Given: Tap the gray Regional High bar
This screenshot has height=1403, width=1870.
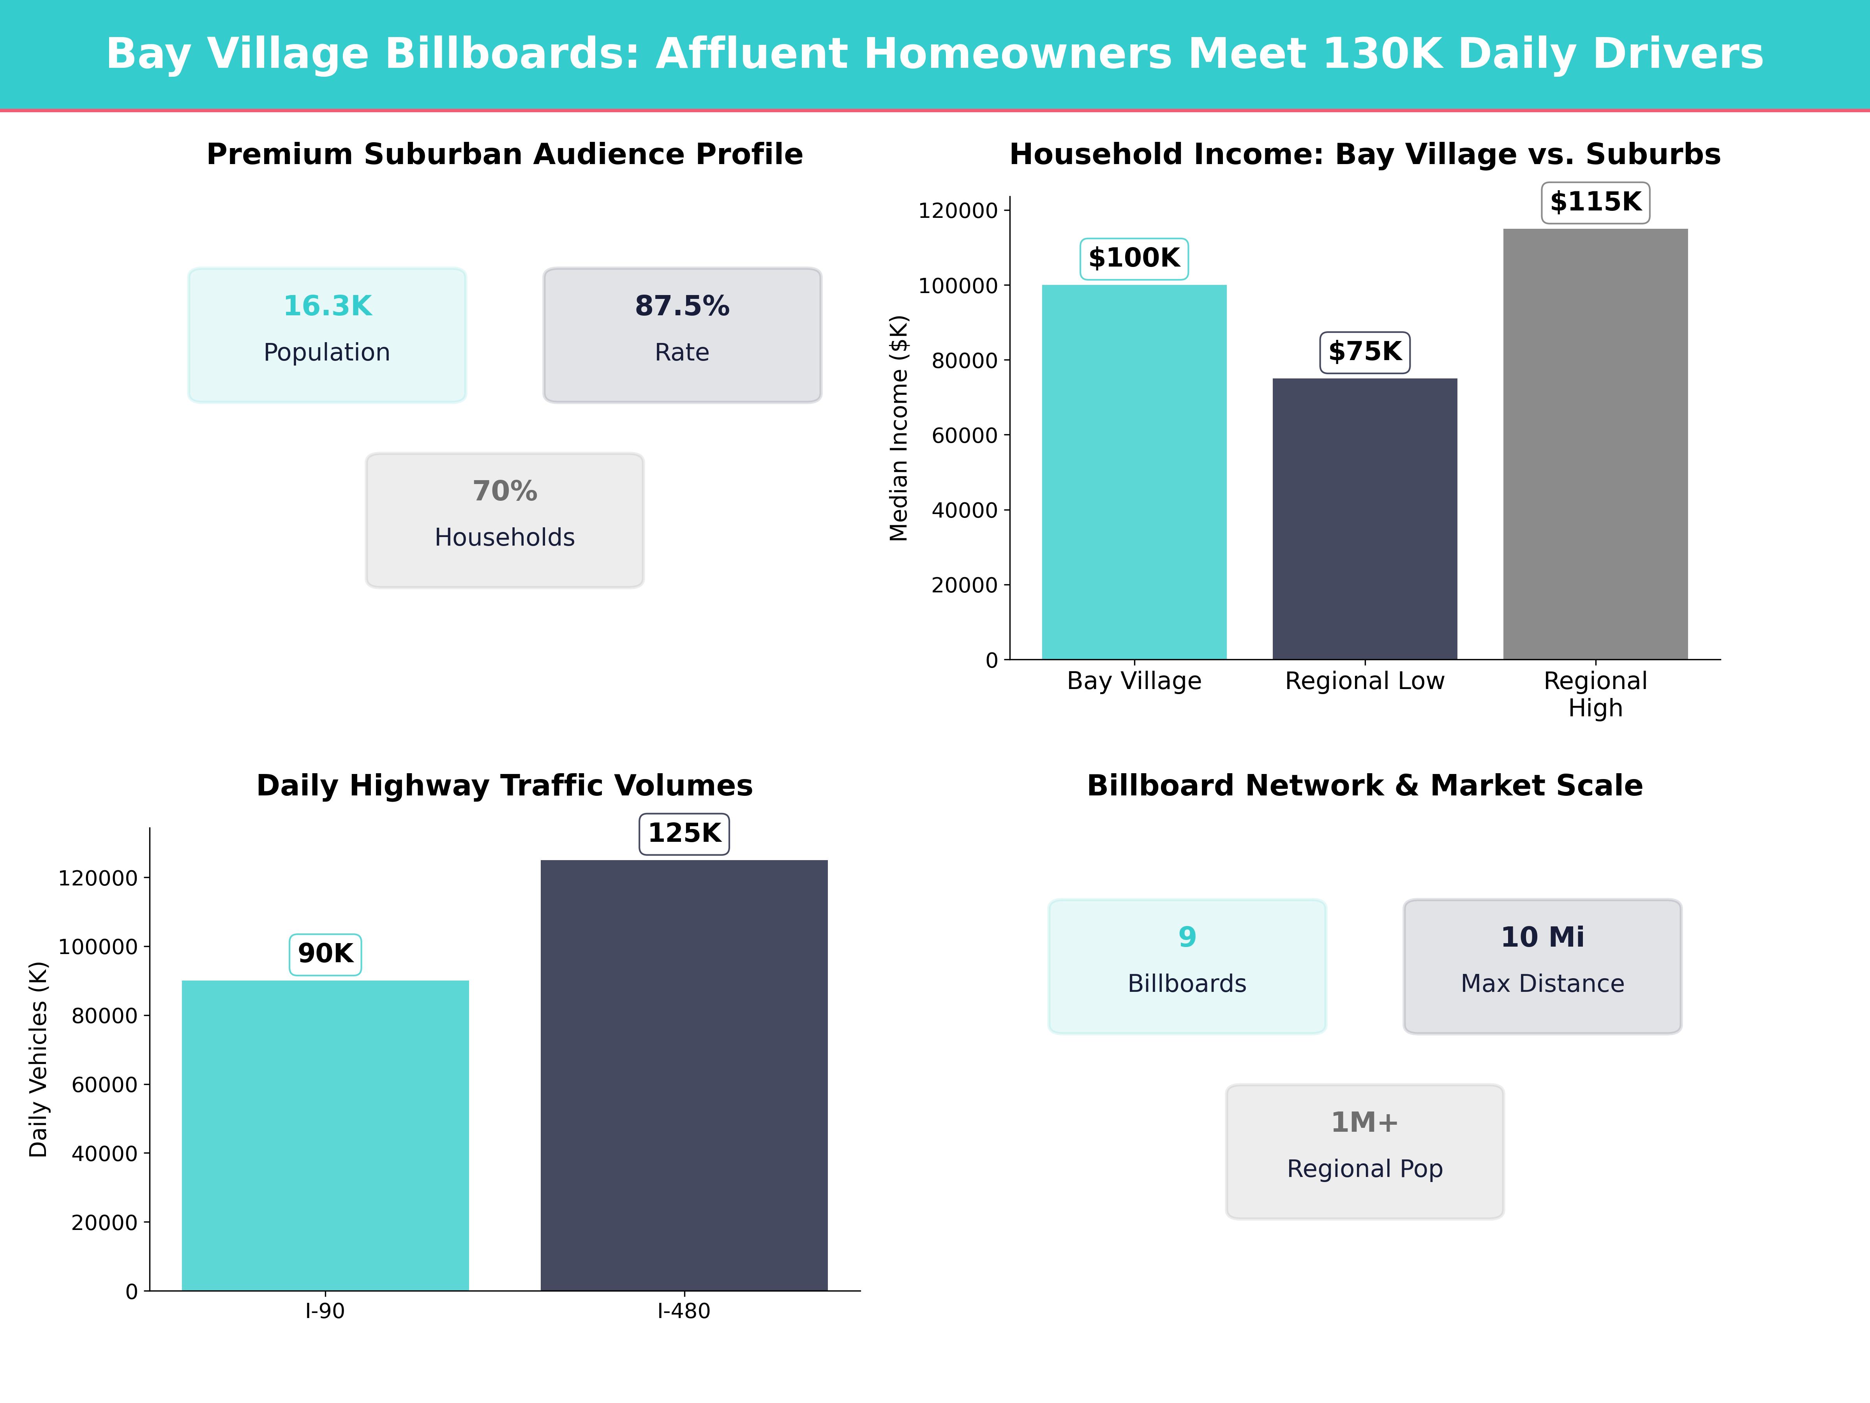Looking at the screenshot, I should click(1595, 444).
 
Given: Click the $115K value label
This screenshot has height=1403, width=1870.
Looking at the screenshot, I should click(1595, 202).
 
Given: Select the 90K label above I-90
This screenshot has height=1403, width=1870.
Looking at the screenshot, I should click(325, 954).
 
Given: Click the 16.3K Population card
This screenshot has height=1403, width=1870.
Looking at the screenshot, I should click(327, 335).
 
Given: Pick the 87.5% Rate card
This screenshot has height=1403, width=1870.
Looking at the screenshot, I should click(682, 335).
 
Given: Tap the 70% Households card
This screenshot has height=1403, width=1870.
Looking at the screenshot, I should click(505, 520).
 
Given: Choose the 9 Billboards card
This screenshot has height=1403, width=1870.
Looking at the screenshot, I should click(1187, 966).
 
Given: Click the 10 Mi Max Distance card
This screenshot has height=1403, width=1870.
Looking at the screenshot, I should click(1542, 966).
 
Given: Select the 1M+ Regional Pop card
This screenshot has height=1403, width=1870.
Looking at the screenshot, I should click(1364, 1151).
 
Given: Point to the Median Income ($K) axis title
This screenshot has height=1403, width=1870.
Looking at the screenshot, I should click(899, 428).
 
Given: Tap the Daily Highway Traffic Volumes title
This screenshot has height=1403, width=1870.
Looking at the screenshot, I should click(505, 786).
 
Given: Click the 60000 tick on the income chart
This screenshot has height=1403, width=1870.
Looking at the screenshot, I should click(965, 436).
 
